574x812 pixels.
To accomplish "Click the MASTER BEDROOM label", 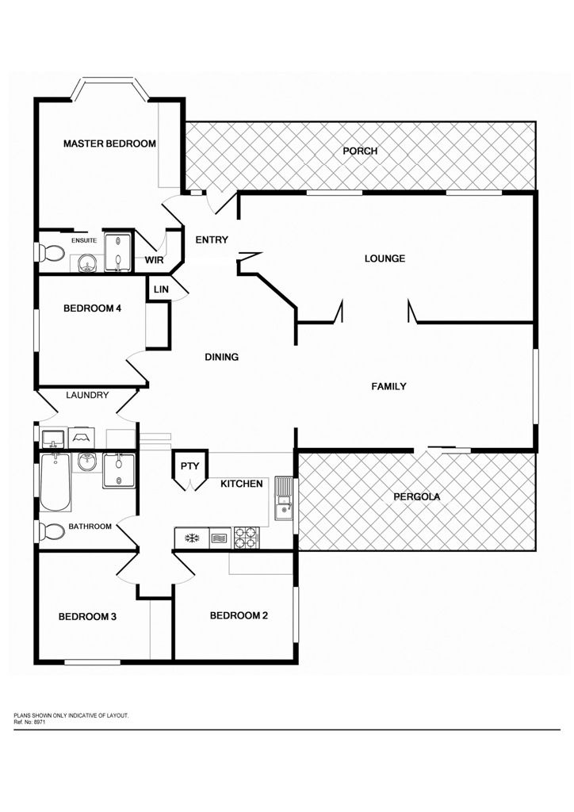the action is point(109,144).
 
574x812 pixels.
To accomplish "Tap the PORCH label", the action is point(360,151).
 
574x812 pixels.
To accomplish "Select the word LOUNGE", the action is point(385,259).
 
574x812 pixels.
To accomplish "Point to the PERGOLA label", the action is point(417,496).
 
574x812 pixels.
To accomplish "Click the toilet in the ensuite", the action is point(51,253).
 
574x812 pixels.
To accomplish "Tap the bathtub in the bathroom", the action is point(55,481).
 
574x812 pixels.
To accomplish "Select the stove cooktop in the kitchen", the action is point(247,537).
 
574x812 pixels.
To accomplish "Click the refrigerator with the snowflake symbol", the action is point(192,538).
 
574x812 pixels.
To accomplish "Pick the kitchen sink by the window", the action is point(284,498).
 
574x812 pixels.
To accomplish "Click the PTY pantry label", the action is point(190,466).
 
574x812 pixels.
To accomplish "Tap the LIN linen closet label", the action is point(161,289).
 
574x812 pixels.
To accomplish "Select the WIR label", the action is point(154,260).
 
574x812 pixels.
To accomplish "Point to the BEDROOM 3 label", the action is point(87,616).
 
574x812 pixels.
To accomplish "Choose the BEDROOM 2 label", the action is point(239,615).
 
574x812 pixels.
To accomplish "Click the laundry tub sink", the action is point(53,439).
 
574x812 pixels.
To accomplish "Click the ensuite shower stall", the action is point(118,251).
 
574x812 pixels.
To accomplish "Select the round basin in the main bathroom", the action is point(87,462).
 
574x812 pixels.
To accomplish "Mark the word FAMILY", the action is point(388,386).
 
